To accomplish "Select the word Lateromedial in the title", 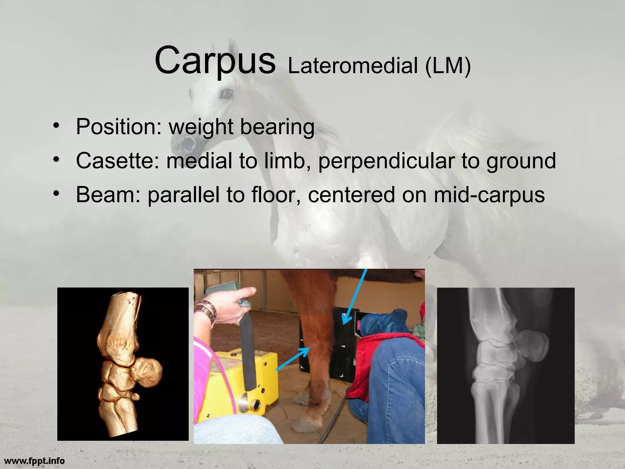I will pyautogui.click(x=352, y=66).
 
